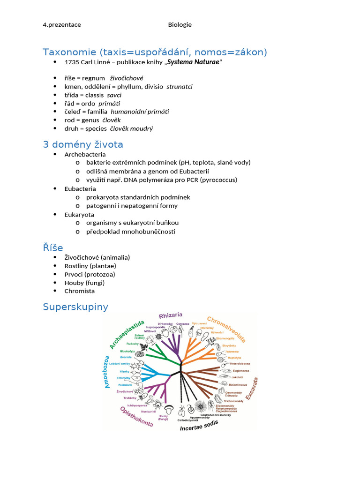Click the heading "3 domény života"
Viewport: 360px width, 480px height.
coord(83,144)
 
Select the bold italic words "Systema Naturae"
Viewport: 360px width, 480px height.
coord(193,62)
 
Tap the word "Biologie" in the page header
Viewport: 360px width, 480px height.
coord(180,25)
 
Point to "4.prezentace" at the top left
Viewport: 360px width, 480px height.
coord(62,25)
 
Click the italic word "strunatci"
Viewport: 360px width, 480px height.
coord(180,87)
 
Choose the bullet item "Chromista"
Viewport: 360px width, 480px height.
coord(80,291)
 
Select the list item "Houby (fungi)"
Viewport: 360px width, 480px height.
coord(84,283)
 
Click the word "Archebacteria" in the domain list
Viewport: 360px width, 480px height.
coord(85,154)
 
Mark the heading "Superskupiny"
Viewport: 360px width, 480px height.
coord(75,307)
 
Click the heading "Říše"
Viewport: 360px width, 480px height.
coord(53,247)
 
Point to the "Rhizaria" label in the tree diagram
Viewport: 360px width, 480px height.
coord(171,315)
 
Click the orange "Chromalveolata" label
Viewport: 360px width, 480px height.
coord(226,329)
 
